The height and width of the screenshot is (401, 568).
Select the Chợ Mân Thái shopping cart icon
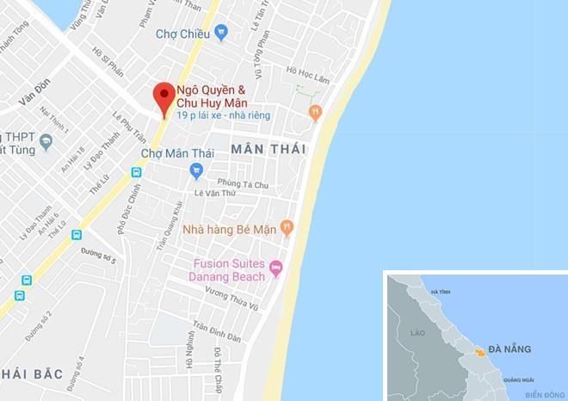[197, 170]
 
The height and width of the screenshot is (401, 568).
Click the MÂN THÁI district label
[268, 150]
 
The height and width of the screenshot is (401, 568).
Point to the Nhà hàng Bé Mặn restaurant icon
[287, 228]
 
